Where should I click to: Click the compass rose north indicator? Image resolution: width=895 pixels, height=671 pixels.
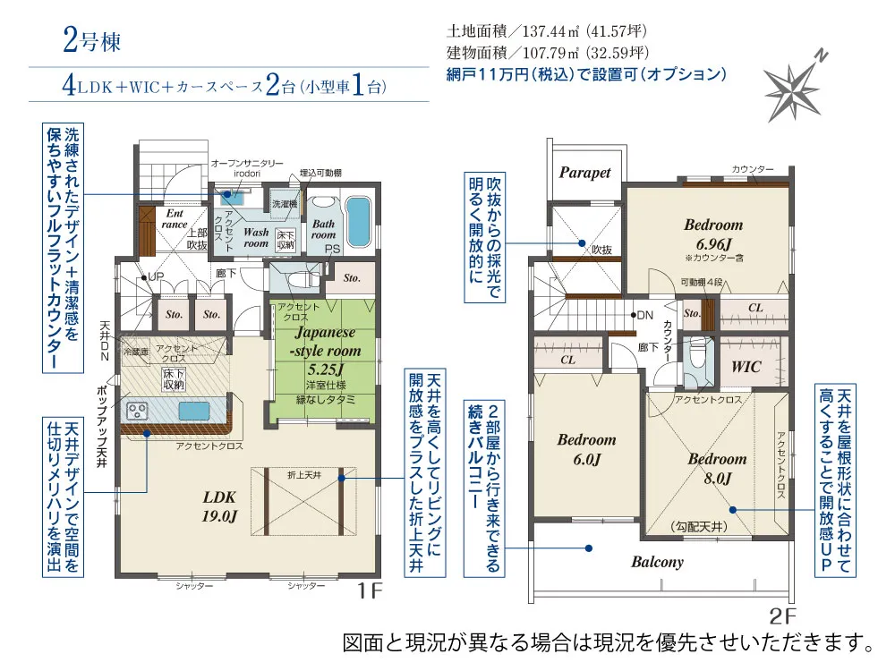(794, 87)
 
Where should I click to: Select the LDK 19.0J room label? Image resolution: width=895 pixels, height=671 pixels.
(218, 507)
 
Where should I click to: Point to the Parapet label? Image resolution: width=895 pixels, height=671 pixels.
(584, 173)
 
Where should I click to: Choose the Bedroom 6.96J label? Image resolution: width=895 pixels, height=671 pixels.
(713, 234)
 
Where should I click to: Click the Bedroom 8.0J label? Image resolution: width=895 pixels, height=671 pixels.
(717, 469)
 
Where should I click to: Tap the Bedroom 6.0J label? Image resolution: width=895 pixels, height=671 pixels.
(586, 449)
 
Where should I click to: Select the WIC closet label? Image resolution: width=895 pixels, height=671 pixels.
(746, 367)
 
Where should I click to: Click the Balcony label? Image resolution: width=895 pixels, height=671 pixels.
(657, 562)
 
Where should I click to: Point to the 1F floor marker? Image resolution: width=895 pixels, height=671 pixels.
(370, 591)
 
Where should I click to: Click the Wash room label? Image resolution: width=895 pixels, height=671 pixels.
(256, 237)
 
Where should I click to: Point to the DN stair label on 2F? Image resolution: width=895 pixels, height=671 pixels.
(644, 315)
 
